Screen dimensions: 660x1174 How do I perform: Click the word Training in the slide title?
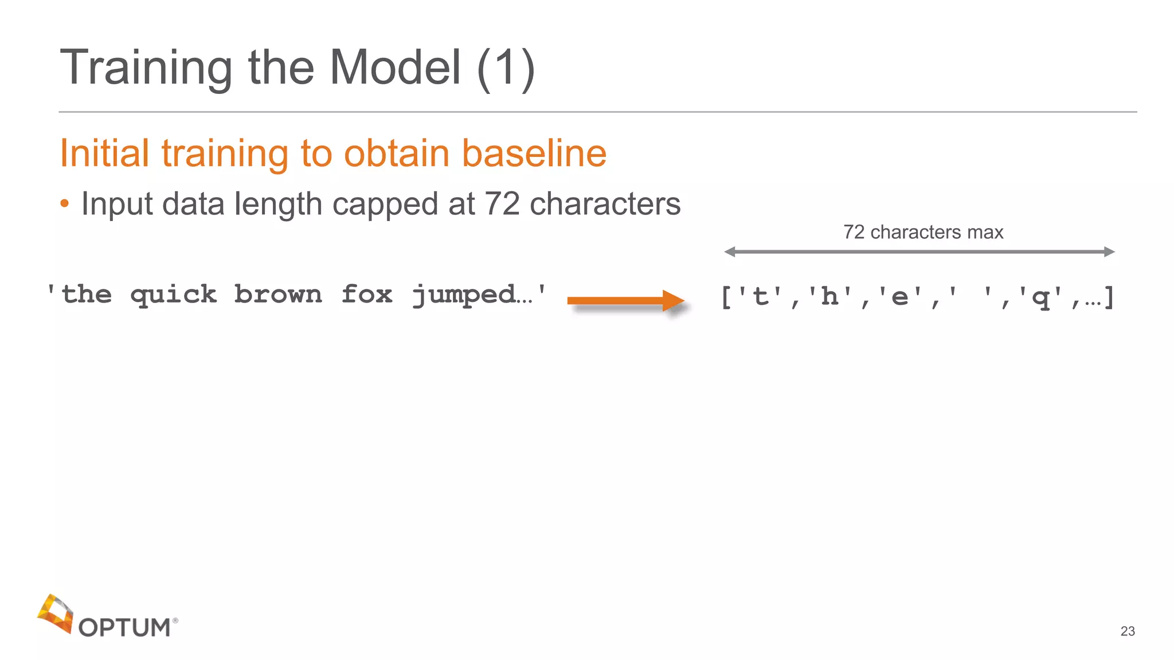[x=146, y=68]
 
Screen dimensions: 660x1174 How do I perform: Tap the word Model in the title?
[x=395, y=67]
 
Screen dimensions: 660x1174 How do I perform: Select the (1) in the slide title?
[x=506, y=68]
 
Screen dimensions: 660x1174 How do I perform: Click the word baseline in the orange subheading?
[x=534, y=153]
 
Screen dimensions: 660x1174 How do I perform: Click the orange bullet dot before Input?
[x=65, y=203]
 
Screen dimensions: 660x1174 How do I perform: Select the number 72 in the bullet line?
[x=502, y=203]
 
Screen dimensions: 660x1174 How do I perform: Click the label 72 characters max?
[x=923, y=232]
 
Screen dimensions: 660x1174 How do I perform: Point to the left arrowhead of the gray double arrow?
[x=730, y=252]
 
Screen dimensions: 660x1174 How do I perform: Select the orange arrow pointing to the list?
[x=625, y=300]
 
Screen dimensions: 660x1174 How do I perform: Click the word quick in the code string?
[x=173, y=296]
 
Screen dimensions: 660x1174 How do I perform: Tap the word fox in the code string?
[x=367, y=294]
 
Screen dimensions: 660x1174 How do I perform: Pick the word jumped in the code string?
[x=463, y=296]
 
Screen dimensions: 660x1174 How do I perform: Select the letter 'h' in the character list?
[x=829, y=297]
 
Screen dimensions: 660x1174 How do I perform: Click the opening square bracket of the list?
[x=726, y=297]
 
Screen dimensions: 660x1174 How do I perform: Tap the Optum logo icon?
[x=56, y=614]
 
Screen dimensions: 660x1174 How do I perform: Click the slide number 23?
[x=1128, y=631]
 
